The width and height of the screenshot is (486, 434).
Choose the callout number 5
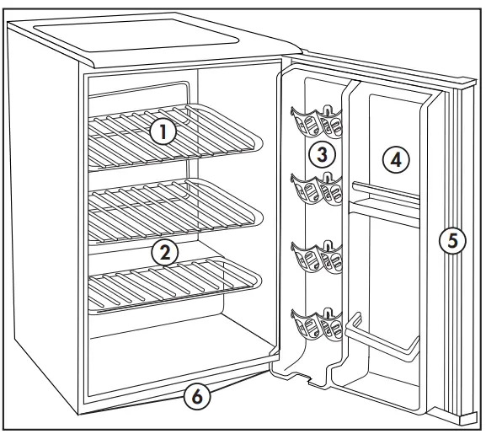(451, 241)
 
